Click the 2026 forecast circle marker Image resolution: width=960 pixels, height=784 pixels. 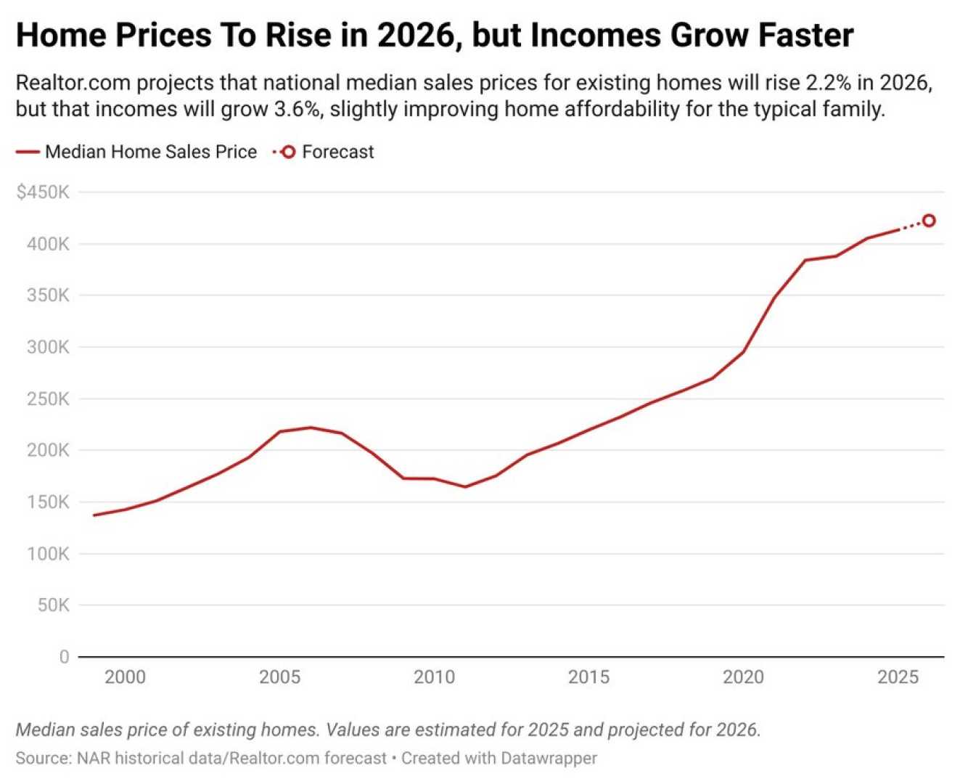click(x=928, y=221)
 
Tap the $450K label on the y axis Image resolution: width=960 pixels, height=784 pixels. click(x=43, y=192)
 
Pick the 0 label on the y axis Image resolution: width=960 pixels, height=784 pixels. click(x=64, y=657)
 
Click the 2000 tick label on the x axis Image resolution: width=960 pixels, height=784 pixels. click(x=125, y=677)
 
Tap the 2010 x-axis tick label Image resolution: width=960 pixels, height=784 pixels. click(x=434, y=677)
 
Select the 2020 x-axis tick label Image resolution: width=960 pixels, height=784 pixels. click(x=743, y=677)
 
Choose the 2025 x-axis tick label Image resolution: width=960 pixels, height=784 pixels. click(x=898, y=677)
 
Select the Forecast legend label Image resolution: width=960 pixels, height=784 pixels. click(x=337, y=152)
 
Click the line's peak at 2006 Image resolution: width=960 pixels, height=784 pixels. click(x=311, y=427)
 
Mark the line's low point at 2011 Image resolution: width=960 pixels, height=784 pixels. click(x=465, y=486)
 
